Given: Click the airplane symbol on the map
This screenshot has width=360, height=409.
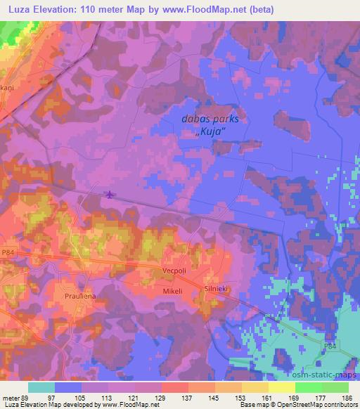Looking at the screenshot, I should [x=109, y=193].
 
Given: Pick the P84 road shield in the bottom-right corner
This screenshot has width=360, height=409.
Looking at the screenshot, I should [x=331, y=346].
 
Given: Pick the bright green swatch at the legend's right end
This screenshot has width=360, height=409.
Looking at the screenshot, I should [x=335, y=387].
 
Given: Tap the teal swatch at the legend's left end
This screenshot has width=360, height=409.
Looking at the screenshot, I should [x=41, y=387].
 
